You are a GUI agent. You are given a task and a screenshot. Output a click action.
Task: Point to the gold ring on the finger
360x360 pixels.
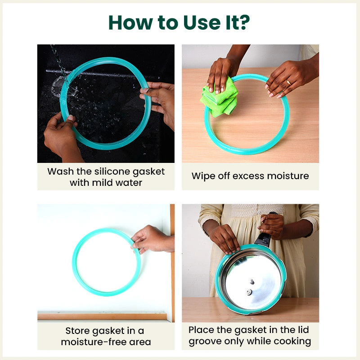(288, 82)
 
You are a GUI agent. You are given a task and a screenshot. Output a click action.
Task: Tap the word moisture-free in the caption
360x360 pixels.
(94, 342)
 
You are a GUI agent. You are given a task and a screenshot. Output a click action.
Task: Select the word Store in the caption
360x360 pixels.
(77, 331)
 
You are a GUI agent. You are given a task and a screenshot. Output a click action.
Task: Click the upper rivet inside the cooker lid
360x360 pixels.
(252, 282)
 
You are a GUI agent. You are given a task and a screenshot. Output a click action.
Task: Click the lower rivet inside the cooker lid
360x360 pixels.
(249, 292)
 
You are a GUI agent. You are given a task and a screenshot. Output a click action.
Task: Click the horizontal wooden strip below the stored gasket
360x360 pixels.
(102, 316)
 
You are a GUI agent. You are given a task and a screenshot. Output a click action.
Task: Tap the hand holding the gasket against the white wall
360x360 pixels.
(153, 239)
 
